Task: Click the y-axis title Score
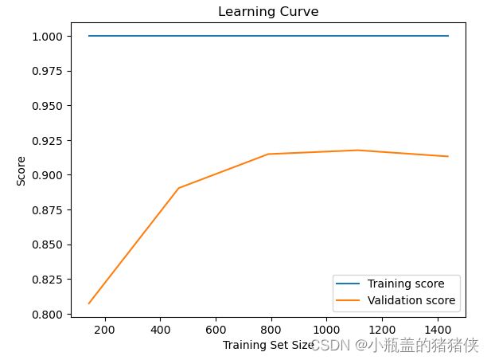pyautogui.click(x=21, y=170)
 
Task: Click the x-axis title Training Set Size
pyautogui.click(x=268, y=345)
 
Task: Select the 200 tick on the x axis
pyautogui.click(x=104, y=329)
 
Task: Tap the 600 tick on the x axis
pyautogui.click(x=216, y=329)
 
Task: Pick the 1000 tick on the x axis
pyautogui.click(x=326, y=329)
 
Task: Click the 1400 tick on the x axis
pyautogui.click(x=438, y=329)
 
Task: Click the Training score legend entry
pyautogui.click(x=411, y=284)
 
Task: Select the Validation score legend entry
pyautogui.click(x=411, y=300)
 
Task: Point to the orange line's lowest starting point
pyautogui.click(x=88, y=303)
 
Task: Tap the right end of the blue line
pyautogui.click(x=448, y=36)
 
